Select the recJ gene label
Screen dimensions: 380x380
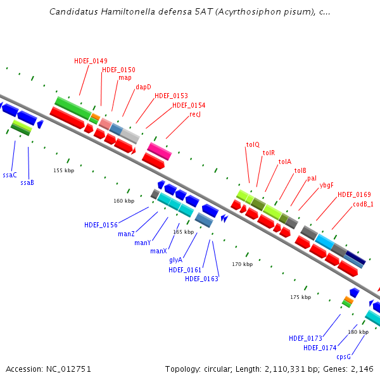(195, 114)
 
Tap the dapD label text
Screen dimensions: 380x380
(143, 87)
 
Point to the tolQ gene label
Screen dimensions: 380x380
(253, 145)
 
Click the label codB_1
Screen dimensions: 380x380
(363, 204)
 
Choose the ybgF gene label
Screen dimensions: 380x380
(326, 186)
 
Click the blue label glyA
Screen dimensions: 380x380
(175, 260)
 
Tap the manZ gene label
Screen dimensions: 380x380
(126, 234)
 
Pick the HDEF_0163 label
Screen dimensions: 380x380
(201, 279)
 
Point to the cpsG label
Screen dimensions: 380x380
(344, 357)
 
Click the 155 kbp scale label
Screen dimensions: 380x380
(63, 170)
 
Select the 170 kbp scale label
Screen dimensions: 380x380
(242, 264)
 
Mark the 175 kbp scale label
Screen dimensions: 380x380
(300, 297)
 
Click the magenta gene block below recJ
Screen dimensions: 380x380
(160, 151)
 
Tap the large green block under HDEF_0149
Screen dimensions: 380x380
(73, 108)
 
